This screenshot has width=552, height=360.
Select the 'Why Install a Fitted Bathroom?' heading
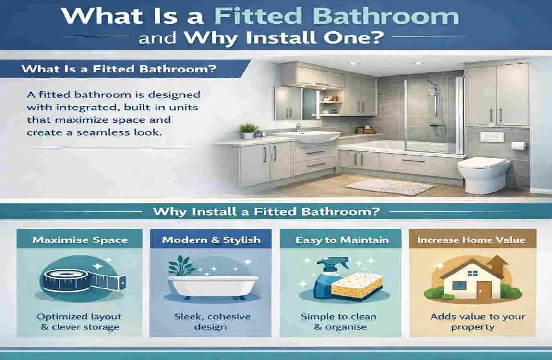pos(266,211)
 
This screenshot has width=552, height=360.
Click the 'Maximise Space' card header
pos(80,240)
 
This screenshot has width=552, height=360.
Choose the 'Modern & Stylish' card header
pos(211,240)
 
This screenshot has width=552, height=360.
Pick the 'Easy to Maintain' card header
pos(342,240)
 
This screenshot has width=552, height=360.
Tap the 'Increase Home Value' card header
pos(471,240)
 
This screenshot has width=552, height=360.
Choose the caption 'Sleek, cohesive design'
pos(211,322)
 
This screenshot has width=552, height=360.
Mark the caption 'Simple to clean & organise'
pos(339,322)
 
